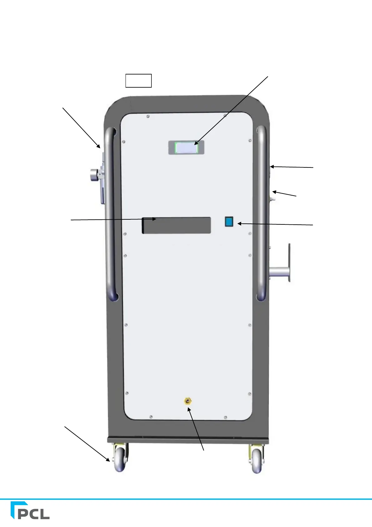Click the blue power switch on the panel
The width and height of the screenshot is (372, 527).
click(x=229, y=222)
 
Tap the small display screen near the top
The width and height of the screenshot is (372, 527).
click(x=186, y=147)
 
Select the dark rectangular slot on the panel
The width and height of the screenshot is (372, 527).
click(x=176, y=225)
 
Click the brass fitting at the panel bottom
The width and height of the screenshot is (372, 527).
click(x=187, y=401)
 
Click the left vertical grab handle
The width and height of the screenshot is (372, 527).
click(x=110, y=213)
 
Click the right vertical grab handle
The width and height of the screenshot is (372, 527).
click(x=261, y=213)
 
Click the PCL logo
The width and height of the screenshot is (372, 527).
click(x=30, y=510)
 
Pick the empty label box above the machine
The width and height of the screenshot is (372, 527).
click(x=138, y=80)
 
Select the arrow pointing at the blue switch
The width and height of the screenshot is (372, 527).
click(x=275, y=224)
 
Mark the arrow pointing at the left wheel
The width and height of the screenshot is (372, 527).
click(x=87, y=443)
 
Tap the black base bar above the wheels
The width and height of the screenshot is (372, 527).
click(x=187, y=440)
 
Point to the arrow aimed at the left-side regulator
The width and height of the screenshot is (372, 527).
click(x=81, y=127)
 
